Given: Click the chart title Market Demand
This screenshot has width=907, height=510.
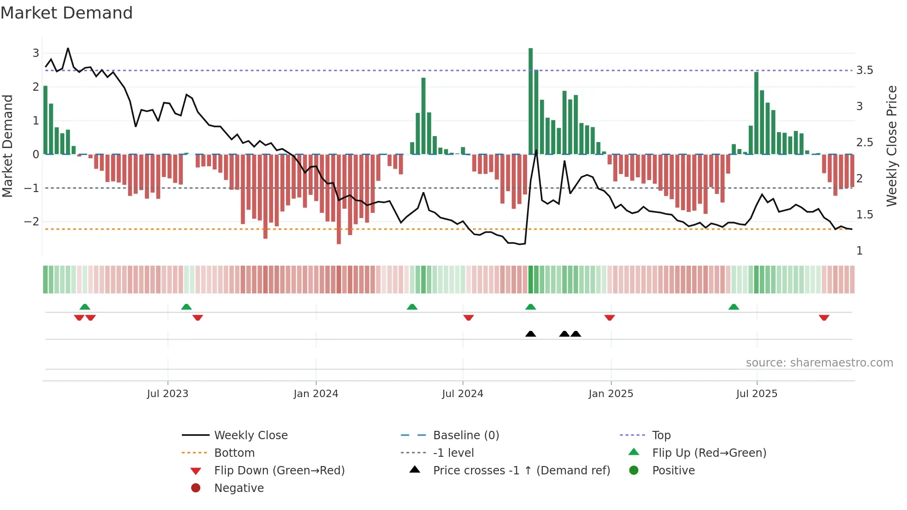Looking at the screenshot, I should (x=67, y=13).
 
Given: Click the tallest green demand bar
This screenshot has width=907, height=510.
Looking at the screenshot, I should (x=530, y=102).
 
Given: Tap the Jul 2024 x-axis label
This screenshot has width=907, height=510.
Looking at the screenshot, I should (x=462, y=394).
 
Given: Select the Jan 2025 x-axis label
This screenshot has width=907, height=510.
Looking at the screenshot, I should (x=610, y=394).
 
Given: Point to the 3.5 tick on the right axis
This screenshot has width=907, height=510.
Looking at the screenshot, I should (x=864, y=70).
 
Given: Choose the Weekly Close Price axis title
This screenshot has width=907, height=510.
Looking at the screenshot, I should (x=891, y=146).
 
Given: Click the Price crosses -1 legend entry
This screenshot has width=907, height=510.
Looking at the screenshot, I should (x=521, y=471).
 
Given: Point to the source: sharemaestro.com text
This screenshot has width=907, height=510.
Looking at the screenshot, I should (x=819, y=363).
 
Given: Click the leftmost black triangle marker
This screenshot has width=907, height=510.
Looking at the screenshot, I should (x=530, y=334).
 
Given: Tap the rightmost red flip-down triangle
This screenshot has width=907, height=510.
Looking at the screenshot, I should (x=824, y=317).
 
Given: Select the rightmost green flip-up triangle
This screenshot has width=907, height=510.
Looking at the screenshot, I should (x=733, y=307).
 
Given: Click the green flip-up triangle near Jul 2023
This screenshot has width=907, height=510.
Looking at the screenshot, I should (x=186, y=307).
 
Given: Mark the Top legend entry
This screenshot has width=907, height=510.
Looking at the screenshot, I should (x=661, y=435).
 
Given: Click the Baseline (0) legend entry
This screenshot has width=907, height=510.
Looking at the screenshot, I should (x=466, y=435).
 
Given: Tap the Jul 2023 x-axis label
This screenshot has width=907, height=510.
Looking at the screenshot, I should (x=168, y=394).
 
